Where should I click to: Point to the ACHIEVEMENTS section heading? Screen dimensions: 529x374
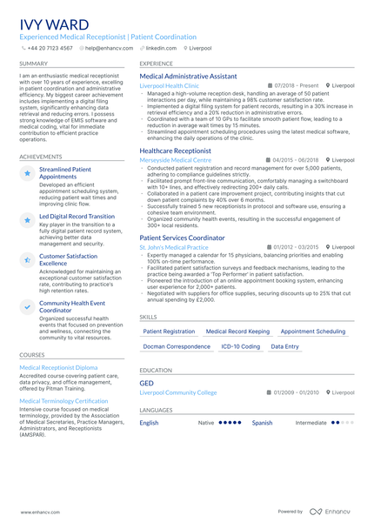[x=40, y=157]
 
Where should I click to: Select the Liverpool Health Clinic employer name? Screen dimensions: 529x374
[x=169, y=86]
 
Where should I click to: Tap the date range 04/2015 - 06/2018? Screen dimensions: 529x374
[x=296, y=160]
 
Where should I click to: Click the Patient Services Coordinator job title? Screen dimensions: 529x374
[x=182, y=238]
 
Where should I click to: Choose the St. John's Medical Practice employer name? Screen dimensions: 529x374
[x=174, y=247]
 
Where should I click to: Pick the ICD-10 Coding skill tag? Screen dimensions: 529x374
[x=240, y=346]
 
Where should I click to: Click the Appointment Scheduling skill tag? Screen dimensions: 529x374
[x=313, y=331]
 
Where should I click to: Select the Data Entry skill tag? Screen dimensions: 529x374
[x=284, y=346]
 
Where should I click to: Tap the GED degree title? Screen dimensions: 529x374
[x=146, y=383]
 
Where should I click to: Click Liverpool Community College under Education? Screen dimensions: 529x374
[x=178, y=392]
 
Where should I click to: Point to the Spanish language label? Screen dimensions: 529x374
[x=262, y=423]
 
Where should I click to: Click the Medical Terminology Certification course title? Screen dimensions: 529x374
[x=63, y=401]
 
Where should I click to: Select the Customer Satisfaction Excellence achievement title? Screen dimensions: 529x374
[x=69, y=260]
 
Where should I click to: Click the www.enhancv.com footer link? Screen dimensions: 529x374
[x=38, y=512]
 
